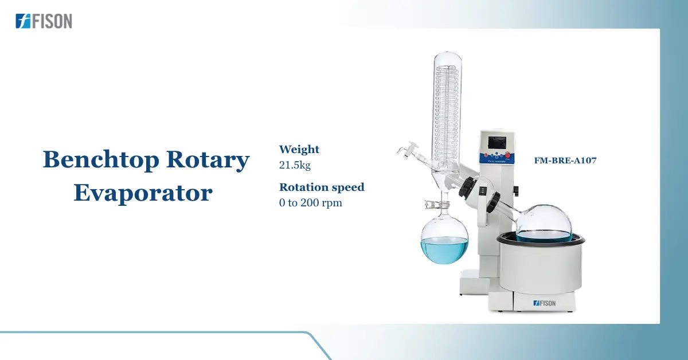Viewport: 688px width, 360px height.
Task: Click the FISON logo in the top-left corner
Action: pos(44,21)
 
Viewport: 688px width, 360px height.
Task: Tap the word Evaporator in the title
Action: pos(143,193)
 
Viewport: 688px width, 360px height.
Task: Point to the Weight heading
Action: pos(299,150)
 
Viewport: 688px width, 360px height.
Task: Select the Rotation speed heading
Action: pos(322,187)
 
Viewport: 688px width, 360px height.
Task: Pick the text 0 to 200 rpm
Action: pos(310,202)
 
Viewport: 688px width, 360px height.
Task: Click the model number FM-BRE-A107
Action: pos(565,161)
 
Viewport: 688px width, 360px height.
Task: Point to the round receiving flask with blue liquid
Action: pos(444,241)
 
